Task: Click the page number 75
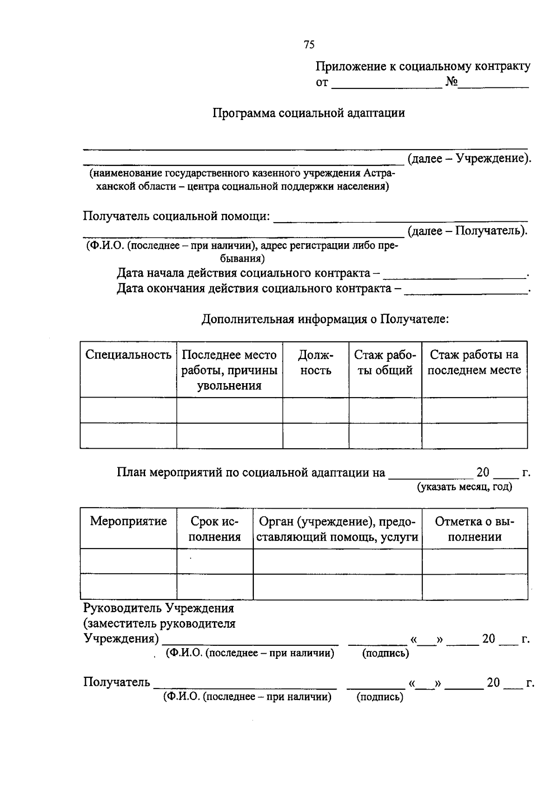point(309,45)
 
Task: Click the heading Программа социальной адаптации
point(309,113)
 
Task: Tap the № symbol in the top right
point(452,82)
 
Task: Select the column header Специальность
point(128,355)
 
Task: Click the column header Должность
point(316,363)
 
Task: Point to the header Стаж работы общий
point(385,363)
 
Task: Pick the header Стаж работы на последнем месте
point(474,363)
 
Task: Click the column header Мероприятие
point(128,521)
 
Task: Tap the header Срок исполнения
point(215,529)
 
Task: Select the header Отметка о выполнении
point(475,529)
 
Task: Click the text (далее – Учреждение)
point(469,159)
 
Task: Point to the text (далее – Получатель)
point(467,231)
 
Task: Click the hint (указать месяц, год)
point(465,487)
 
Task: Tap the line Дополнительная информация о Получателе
point(325,319)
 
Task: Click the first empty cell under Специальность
point(128,410)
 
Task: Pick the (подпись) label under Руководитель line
point(385,653)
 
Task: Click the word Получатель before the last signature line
point(117,683)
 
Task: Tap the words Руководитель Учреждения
point(159,608)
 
